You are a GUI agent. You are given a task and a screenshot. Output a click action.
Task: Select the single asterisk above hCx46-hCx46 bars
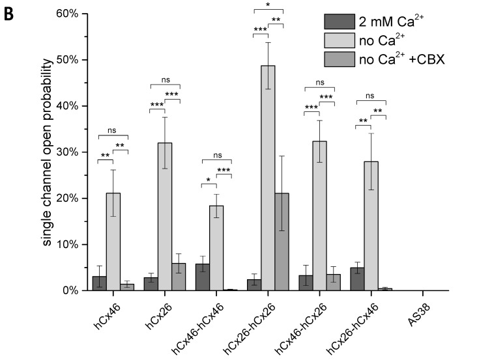point(209,180)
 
